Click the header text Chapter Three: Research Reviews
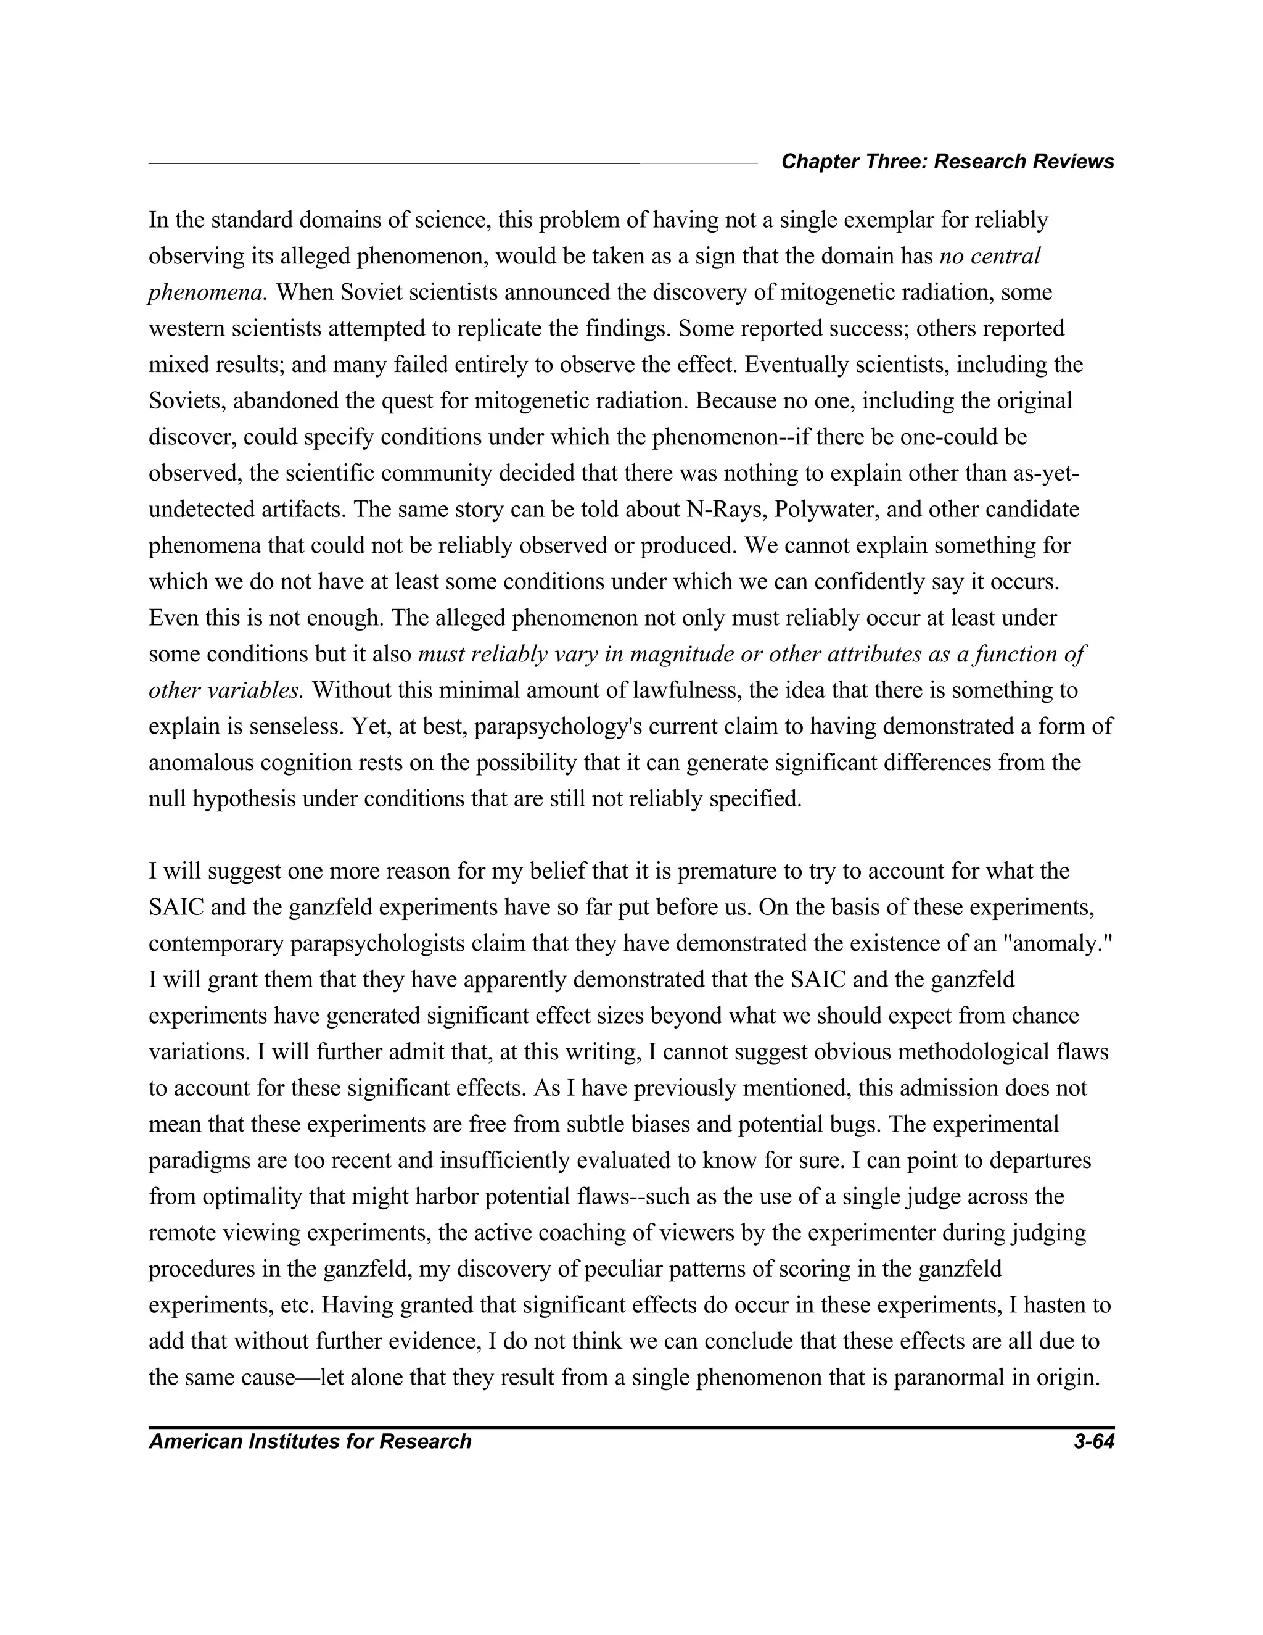coord(947,162)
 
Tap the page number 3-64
coord(1093,1441)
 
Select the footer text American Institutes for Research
coord(310,1441)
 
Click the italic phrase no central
coord(989,256)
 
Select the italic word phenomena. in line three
coord(207,292)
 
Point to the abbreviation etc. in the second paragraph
coord(298,1306)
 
